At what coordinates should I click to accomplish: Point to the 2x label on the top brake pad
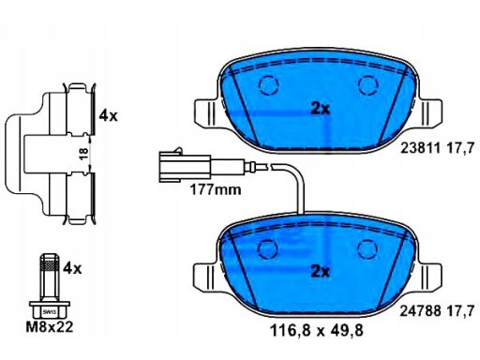321,108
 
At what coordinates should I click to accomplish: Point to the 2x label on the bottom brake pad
321,272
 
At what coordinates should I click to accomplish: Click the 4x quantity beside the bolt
72,268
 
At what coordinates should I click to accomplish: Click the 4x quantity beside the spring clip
108,116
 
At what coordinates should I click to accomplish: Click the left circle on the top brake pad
269,85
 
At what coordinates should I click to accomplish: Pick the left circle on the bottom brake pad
269,248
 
